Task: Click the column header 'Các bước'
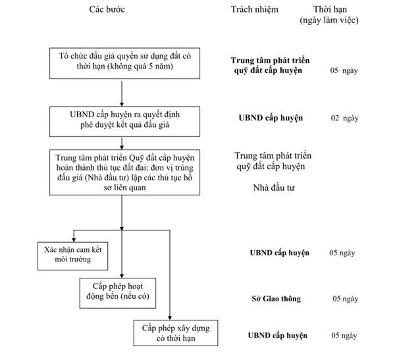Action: [x=107, y=9]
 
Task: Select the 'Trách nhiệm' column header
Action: [x=254, y=9]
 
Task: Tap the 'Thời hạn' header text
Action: [x=330, y=9]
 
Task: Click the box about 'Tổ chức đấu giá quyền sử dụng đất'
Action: [x=124, y=63]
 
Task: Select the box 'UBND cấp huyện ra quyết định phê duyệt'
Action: [x=124, y=121]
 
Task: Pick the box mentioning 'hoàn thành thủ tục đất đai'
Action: [x=124, y=172]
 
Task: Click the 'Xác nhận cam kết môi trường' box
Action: [x=72, y=256]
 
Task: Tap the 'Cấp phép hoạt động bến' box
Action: [x=118, y=293]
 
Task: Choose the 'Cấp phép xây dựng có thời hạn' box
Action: [x=176, y=333]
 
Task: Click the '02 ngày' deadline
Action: [x=344, y=118]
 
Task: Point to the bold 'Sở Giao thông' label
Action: [x=277, y=299]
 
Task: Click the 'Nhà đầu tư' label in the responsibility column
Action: [x=274, y=188]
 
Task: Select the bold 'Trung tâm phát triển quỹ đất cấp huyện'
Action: [x=270, y=65]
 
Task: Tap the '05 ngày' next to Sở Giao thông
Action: [x=346, y=299]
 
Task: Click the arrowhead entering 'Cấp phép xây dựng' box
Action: [x=170, y=318]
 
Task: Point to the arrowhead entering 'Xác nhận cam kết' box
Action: [x=74, y=240]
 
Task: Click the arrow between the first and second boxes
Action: [x=122, y=93]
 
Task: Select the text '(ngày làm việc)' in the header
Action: [x=329, y=20]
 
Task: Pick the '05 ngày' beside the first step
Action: [x=344, y=70]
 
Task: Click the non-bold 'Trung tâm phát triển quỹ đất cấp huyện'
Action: [x=273, y=161]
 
